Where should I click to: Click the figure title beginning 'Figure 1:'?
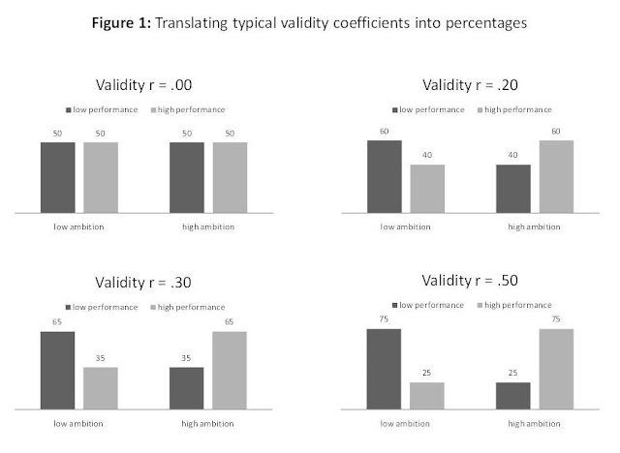(x=310, y=22)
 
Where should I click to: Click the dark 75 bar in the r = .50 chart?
(x=384, y=369)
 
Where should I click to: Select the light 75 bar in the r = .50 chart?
(x=556, y=369)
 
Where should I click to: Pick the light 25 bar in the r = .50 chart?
(x=426, y=395)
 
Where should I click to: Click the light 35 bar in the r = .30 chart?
(x=100, y=387)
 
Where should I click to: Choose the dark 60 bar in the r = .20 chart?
(x=384, y=175)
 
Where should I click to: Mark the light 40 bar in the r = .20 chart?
(x=426, y=188)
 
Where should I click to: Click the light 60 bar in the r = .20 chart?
(x=556, y=175)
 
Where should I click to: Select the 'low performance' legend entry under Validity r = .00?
(x=100, y=110)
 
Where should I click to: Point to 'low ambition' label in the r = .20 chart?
(x=405, y=226)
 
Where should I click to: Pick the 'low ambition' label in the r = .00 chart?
(x=78, y=226)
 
